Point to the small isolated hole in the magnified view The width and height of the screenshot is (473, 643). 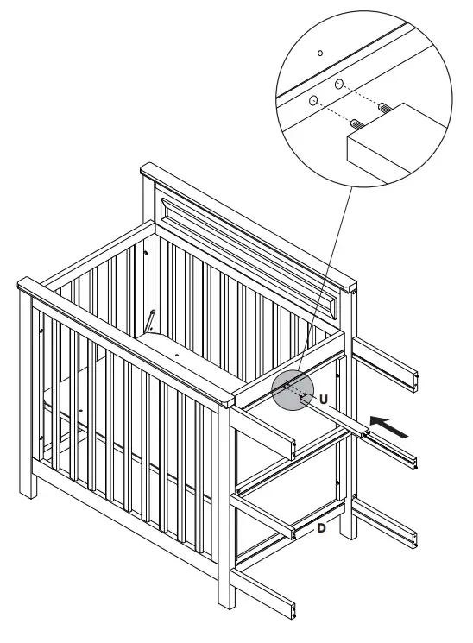pyautogui.click(x=320, y=54)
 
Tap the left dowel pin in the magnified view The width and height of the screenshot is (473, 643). pyautogui.click(x=355, y=122)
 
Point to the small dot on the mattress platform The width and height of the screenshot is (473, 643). pyautogui.click(x=175, y=354)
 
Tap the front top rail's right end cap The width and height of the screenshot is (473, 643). pyautogui.click(x=226, y=400)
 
